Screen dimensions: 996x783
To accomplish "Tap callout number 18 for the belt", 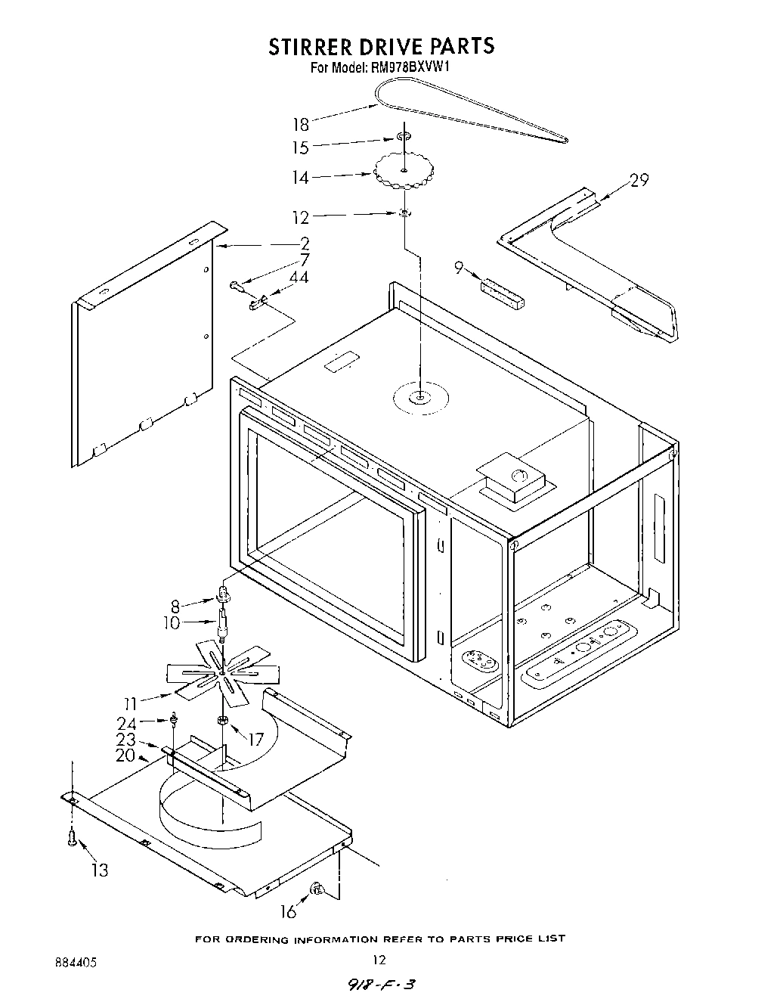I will pos(301,125).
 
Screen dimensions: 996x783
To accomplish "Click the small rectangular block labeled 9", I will pos(502,293).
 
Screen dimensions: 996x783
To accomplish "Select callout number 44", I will pos(299,278).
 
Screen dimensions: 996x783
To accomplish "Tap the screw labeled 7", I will pos(237,285).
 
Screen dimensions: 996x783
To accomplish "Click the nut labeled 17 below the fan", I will pos(222,719).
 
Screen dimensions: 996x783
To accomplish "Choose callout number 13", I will pos(99,870).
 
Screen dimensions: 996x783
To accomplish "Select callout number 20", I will pos(125,756).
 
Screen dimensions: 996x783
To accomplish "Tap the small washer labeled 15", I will pos(405,137).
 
